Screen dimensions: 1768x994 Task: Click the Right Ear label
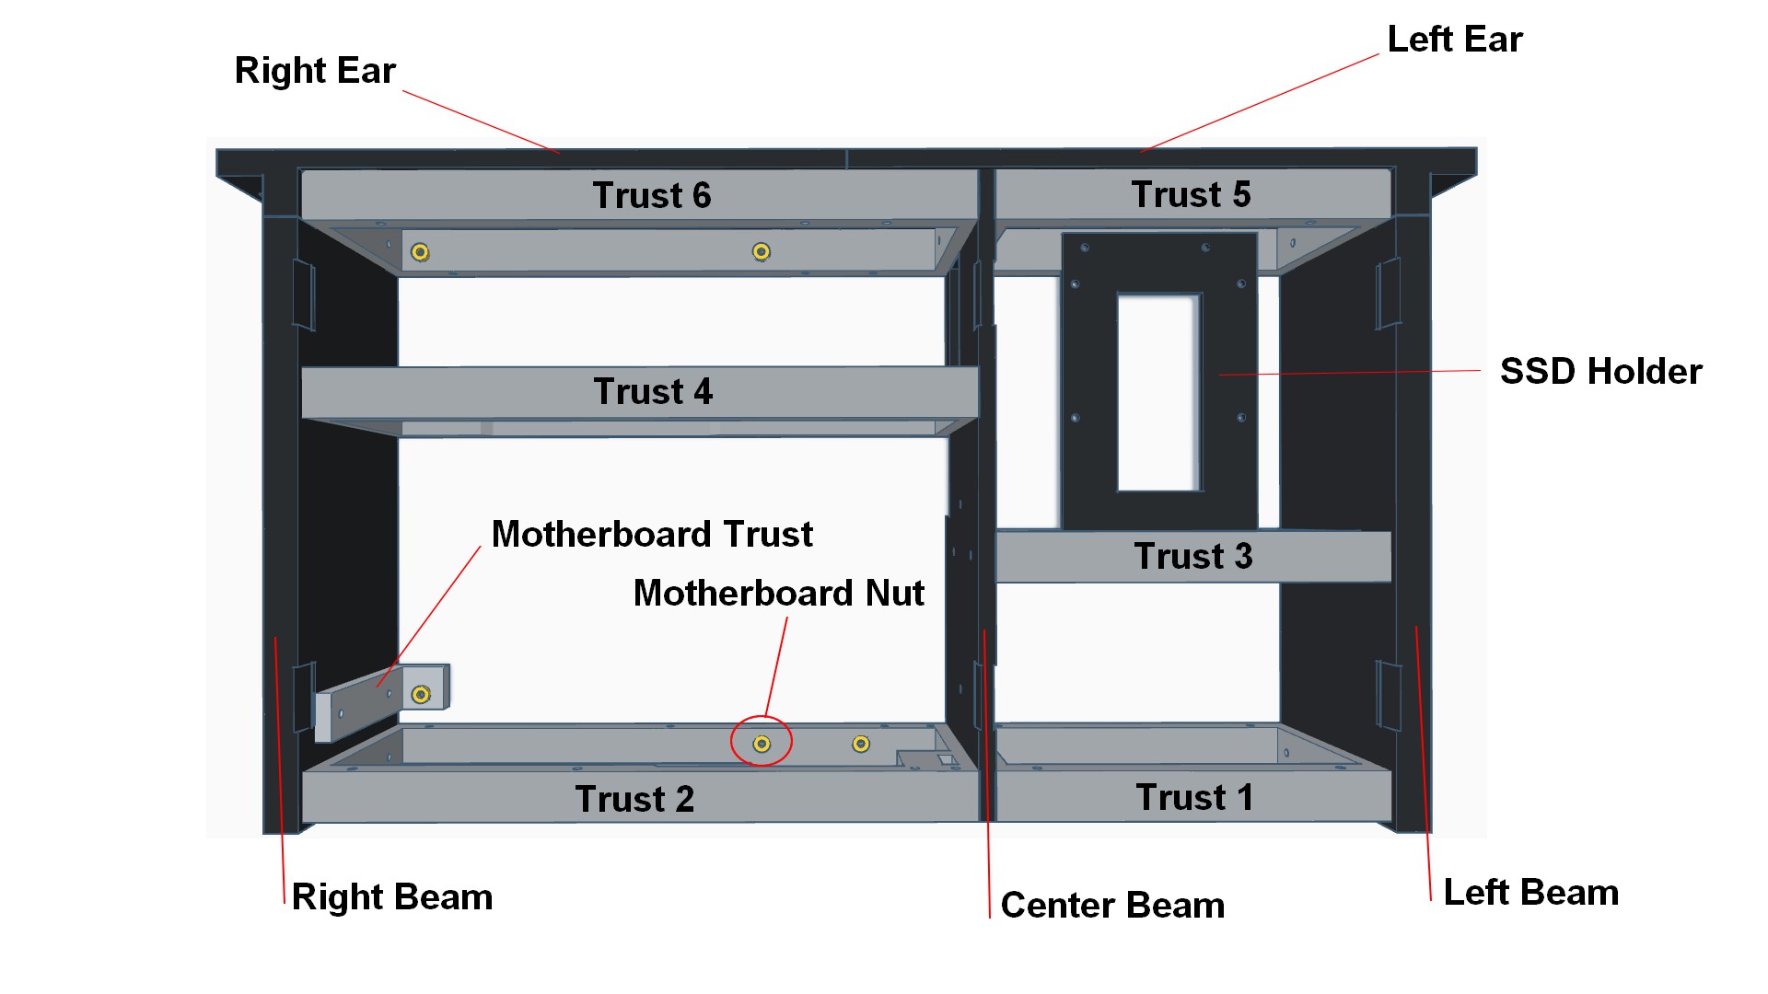[x=315, y=71]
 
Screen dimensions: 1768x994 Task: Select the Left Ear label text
[x=1455, y=40]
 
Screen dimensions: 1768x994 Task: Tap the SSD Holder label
[x=1600, y=372]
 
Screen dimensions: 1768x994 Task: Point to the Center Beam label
[x=1112, y=906]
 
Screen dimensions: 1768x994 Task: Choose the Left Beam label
[x=1530, y=893]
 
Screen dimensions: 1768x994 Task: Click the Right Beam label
[x=392, y=897]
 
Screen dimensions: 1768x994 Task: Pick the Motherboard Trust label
[x=652, y=535]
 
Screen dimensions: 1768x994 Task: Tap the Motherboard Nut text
[x=779, y=594]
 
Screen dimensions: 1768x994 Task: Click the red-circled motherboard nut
[x=762, y=743]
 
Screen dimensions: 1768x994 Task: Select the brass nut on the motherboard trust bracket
[x=421, y=694]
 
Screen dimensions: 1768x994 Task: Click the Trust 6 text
[x=652, y=196]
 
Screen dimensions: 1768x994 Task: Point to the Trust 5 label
[x=1191, y=195]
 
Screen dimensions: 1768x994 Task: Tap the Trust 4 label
[x=653, y=392]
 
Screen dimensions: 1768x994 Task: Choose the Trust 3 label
[x=1193, y=557]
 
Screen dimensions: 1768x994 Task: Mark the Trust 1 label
[x=1194, y=798]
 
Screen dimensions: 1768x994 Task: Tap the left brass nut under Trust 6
[x=420, y=251]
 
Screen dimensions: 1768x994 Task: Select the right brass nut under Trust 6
[x=761, y=251]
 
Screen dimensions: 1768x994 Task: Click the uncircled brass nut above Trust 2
[x=861, y=744]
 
